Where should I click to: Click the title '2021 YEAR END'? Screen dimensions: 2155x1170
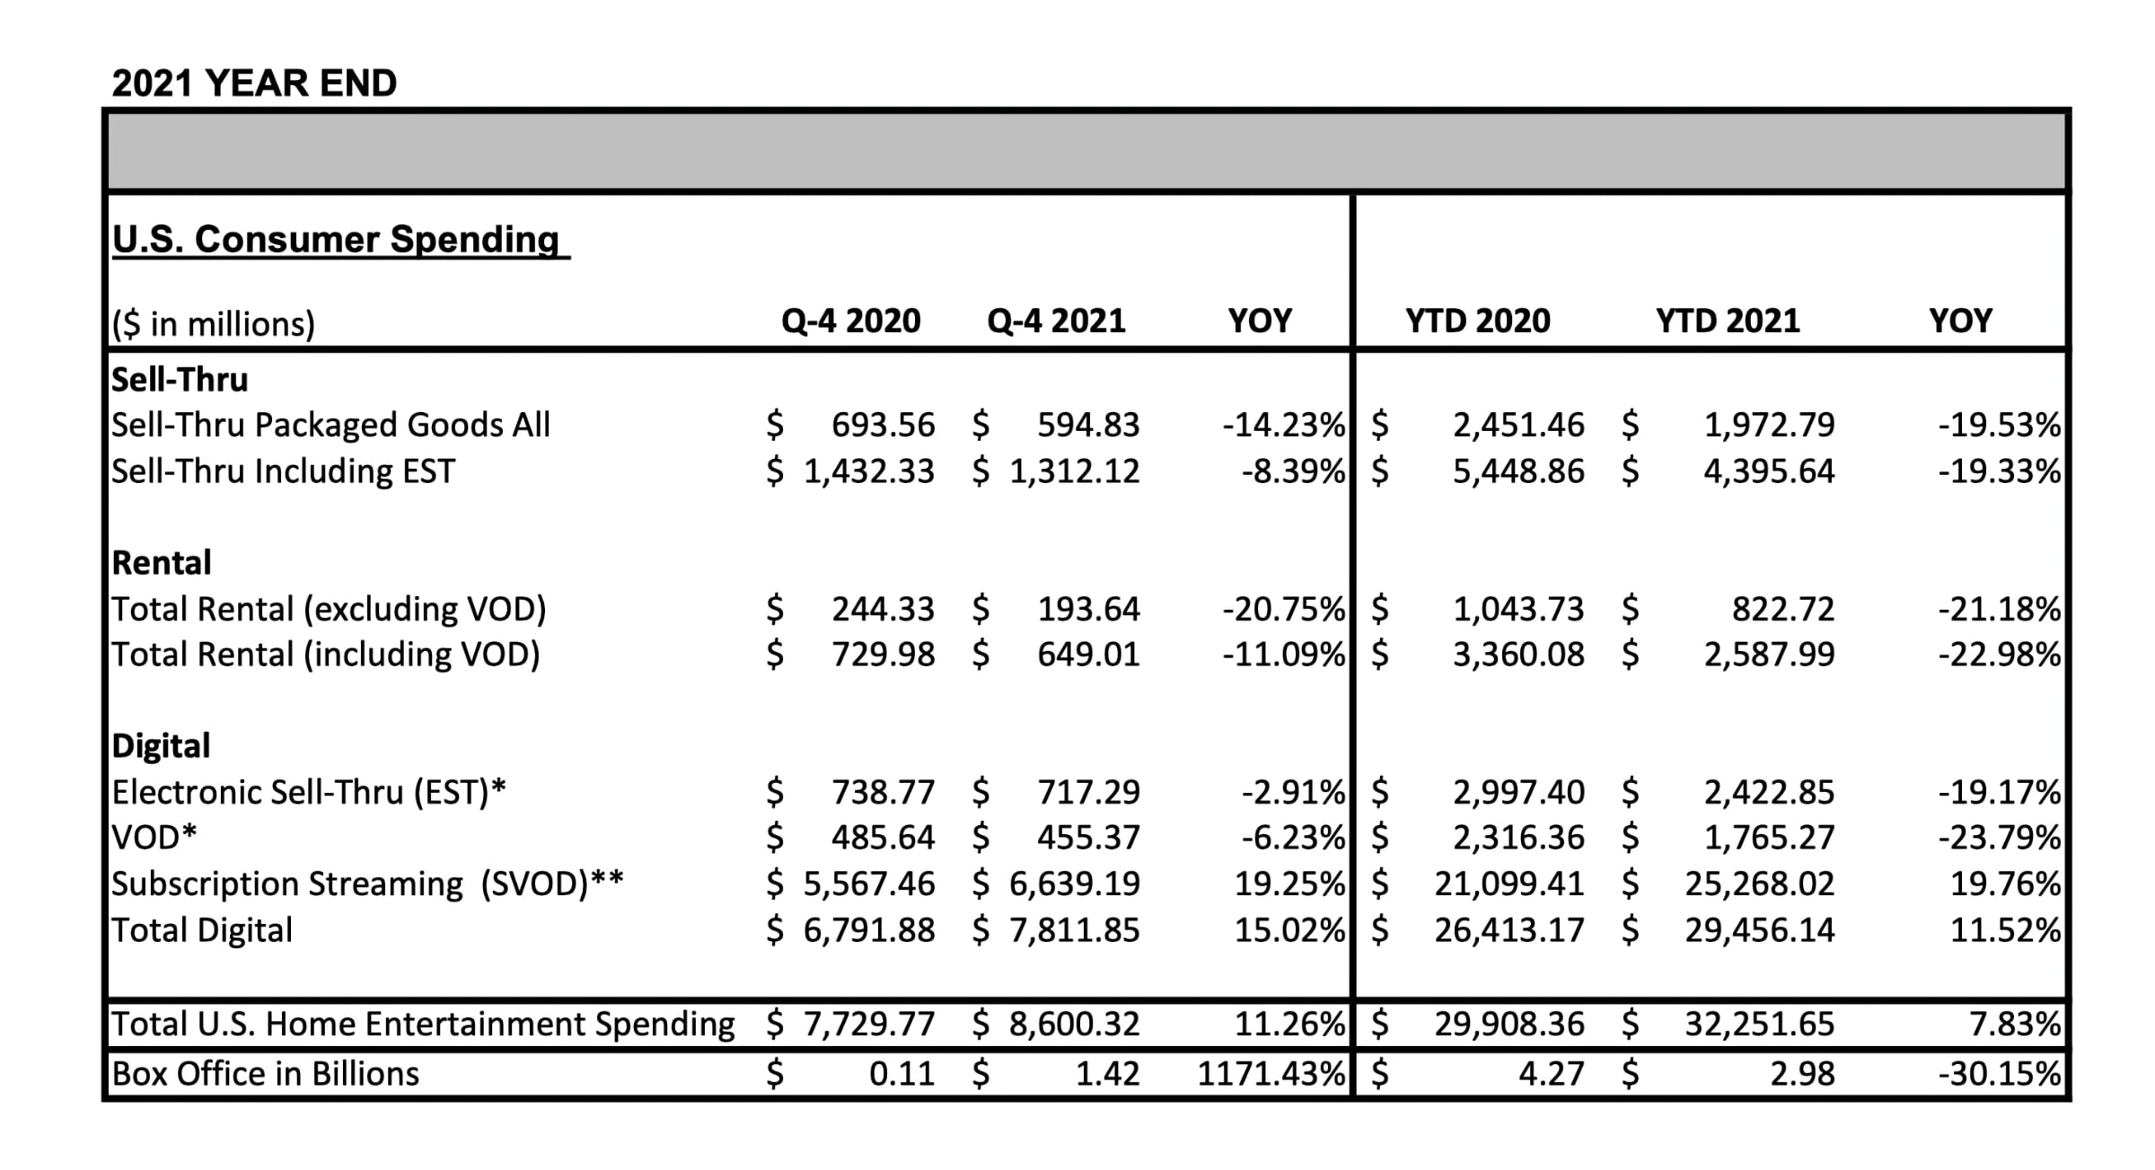tap(254, 84)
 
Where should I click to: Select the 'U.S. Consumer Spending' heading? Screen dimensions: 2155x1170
tap(335, 240)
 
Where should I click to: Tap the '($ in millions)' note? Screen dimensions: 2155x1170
tap(214, 323)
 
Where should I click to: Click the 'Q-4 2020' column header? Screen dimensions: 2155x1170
tap(851, 321)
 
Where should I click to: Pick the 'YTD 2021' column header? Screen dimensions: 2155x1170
tap(1728, 321)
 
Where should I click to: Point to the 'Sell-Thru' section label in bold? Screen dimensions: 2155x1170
tap(180, 379)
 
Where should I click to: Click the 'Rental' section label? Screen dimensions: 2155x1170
tap(162, 563)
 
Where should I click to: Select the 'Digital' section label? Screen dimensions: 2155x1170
tap(161, 746)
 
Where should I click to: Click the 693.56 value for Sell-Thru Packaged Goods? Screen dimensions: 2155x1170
tap(884, 425)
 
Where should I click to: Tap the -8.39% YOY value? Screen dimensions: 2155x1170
tap(1293, 471)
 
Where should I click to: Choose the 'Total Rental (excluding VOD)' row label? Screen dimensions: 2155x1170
tap(329, 610)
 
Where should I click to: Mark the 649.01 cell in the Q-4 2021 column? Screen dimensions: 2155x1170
tap(1088, 655)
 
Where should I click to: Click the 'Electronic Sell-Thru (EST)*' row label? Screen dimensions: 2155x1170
tap(309, 793)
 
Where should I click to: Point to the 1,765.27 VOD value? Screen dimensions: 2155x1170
tap(1770, 838)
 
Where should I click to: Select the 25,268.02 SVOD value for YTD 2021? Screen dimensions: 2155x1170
tap(1760, 884)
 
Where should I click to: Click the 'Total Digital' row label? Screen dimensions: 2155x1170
tap(202, 930)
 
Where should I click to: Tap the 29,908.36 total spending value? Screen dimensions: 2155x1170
tap(1509, 1024)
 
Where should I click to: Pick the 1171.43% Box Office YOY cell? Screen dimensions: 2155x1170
tap(1271, 1074)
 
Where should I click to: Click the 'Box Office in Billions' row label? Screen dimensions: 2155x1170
tap(266, 1074)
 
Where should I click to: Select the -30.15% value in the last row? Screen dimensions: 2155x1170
tap(1999, 1074)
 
